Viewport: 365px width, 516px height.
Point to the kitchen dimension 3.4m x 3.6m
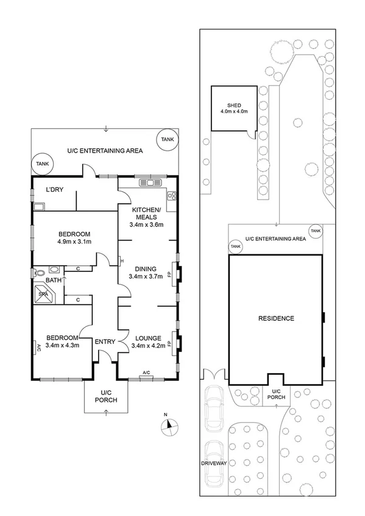click(x=147, y=225)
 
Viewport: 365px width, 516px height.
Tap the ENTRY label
click(x=105, y=342)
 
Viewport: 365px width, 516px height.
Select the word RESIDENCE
click(x=276, y=318)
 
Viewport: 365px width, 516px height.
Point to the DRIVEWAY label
click(x=213, y=463)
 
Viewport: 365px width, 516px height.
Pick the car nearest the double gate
click(x=215, y=408)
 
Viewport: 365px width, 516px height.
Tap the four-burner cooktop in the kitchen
click(x=172, y=195)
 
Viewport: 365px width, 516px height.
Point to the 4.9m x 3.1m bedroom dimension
click(x=74, y=242)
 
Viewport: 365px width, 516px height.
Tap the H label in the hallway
click(x=122, y=262)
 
